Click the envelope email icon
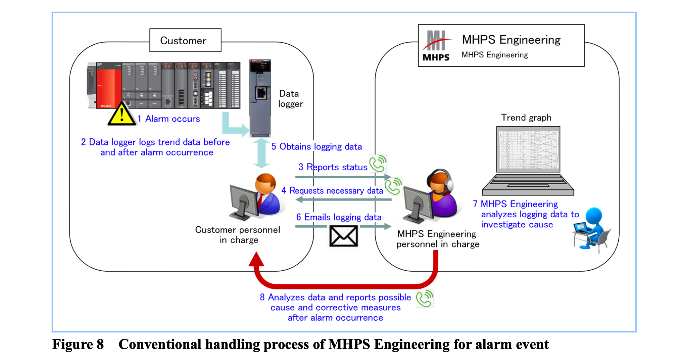coord(343,236)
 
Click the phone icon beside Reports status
coord(378,164)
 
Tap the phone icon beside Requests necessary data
coord(393,186)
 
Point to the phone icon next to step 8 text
coord(425,298)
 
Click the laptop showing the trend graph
coord(528,161)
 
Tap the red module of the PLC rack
coord(109,86)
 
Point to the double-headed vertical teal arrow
coord(261,153)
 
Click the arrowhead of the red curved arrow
coord(256,260)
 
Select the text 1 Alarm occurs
coord(169,119)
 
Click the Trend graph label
coord(526,118)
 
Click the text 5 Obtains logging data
coord(317,146)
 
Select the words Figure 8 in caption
coord(78,345)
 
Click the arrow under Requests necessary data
coord(343,200)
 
